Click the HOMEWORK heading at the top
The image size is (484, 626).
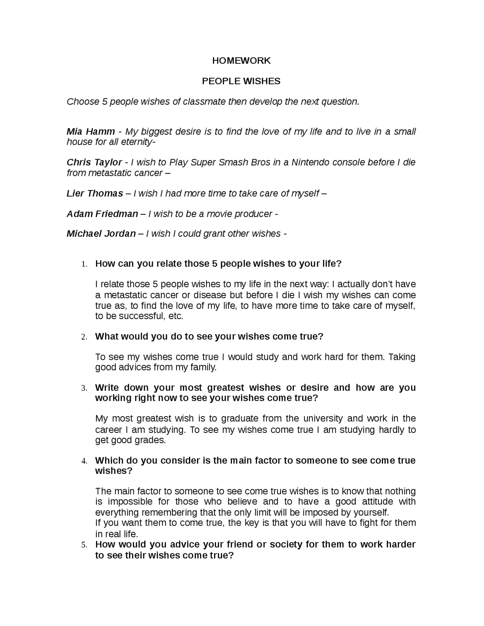tap(241, 61)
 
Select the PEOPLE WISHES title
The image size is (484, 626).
tap(241, 81)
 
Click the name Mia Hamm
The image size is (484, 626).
tap(91, 132)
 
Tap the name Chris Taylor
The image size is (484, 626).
tap(94, 163)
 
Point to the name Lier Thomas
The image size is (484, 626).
tap(95, 194)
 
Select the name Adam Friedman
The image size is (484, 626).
tap(102, 214)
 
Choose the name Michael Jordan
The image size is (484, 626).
tap(101, 234)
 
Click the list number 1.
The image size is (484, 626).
tap(84, 264)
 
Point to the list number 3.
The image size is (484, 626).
tap(84, 388)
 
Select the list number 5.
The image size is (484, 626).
tap(84, 545)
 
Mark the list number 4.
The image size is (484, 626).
tap(84, 461)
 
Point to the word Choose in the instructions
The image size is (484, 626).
tap(82, 102)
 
